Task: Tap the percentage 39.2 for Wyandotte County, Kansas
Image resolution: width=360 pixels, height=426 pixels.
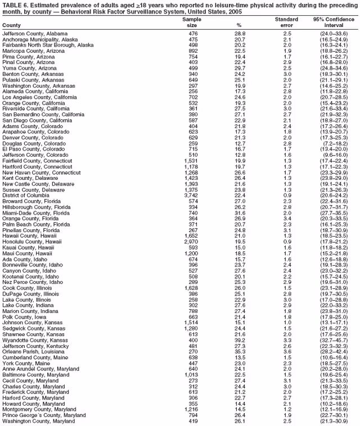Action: click(x=240, y=340)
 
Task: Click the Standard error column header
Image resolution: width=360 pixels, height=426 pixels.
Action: click(x=286, y=22)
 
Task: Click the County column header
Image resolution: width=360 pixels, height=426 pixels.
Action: click(x=11, y=26)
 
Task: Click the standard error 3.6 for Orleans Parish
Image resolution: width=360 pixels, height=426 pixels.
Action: click(x=287, y=351)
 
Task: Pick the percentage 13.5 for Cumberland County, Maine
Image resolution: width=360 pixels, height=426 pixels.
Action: click(x=240, y=357)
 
